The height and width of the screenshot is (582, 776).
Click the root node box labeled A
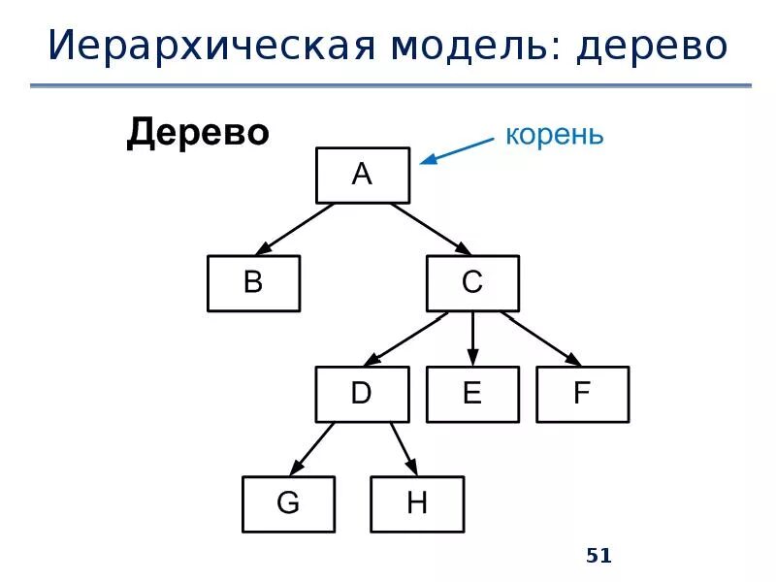pos(362,175)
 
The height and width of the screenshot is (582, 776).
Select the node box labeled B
pos(253,283)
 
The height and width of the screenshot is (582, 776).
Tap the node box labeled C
pos(472,283)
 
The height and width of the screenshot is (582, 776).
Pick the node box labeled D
pos(362,393)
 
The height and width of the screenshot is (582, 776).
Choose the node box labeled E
pos(472,393)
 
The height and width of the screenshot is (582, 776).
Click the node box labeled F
pos(582,393)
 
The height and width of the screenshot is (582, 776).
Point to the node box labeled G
pos(288,503)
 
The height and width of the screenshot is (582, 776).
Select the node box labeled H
pos(417,503)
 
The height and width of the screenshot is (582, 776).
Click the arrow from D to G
pos(312,448)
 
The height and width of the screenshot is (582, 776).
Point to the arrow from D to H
pos(404,448)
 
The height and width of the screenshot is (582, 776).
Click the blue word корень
pos(554,135)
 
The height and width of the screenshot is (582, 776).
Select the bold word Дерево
pos(197,133)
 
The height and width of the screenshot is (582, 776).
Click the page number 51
pos(599,556)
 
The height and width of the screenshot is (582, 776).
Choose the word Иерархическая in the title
pos(199,46)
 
